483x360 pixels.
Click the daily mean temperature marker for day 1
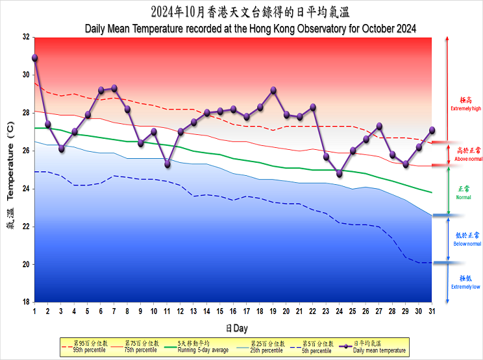(34, 58)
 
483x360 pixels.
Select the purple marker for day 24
(339, 174)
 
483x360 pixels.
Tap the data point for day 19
(273, 90)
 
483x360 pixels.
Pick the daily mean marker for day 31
(432, 130)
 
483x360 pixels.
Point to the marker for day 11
(167, 164)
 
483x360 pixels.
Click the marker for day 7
(114, 88)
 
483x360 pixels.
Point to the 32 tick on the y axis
(26, 37)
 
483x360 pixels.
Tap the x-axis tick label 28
(392, 312)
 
